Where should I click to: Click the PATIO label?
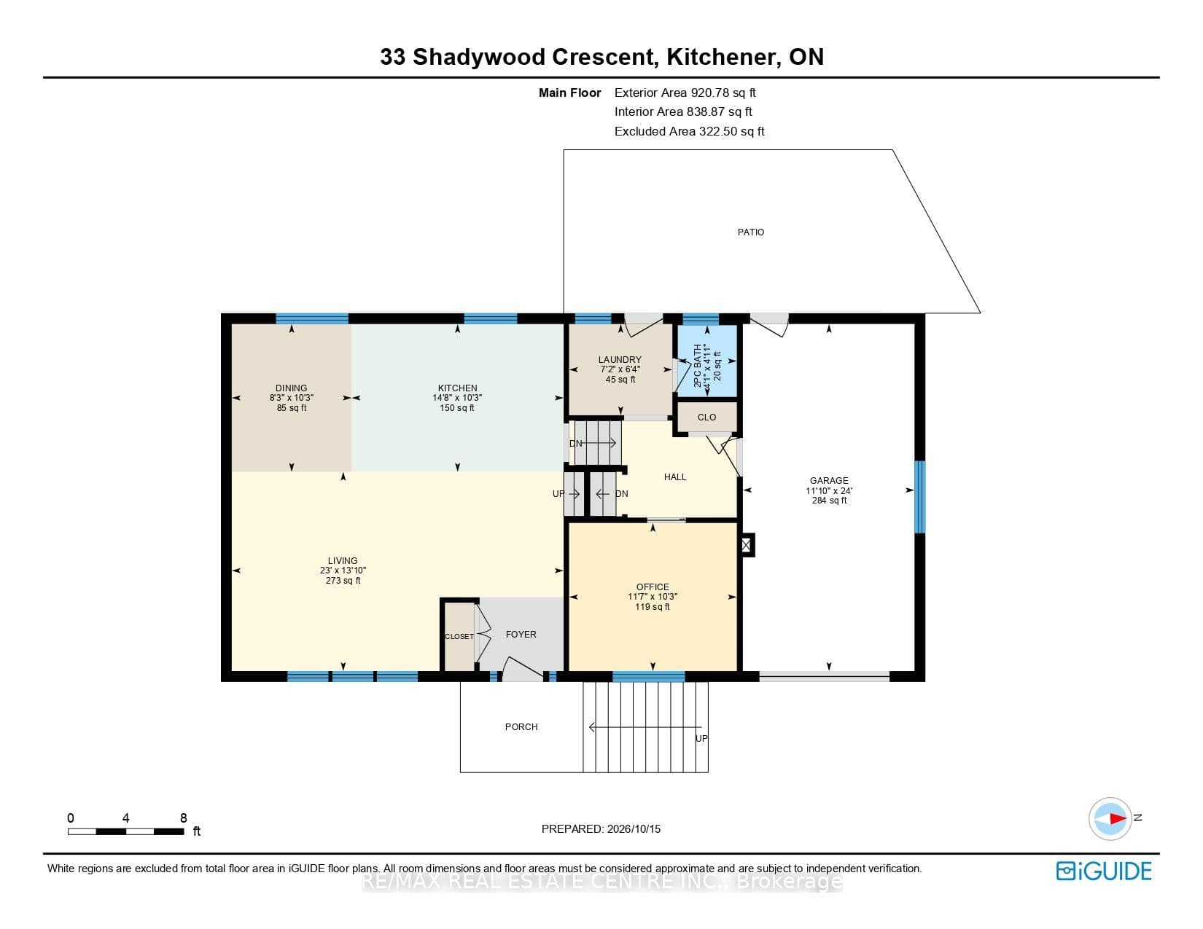tap(750, 232)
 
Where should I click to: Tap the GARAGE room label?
tap(829, 481)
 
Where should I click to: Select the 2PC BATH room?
tap(707, 361)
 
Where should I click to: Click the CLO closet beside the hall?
tap(707, 418)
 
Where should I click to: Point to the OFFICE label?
tap(653, 587)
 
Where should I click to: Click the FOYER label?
tap(521, 635)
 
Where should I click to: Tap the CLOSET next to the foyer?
tap(459, 636)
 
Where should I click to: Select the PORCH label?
tap(521, 727)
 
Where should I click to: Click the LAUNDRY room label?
tap(620, 360)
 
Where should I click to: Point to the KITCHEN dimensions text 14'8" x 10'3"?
tap(457, 398)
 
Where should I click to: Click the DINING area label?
tap(291, 388)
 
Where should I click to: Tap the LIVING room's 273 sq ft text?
tap(343, 581)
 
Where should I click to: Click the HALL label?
tap(675, 477)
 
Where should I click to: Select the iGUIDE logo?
tap(1103, 871)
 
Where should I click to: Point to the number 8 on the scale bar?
tap(184, 818)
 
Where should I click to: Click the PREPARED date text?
tap(601, 829)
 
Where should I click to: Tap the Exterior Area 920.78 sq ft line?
tap(685, 93)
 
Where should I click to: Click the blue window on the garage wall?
tap(919, 497)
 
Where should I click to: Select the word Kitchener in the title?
tap(721, 57)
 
